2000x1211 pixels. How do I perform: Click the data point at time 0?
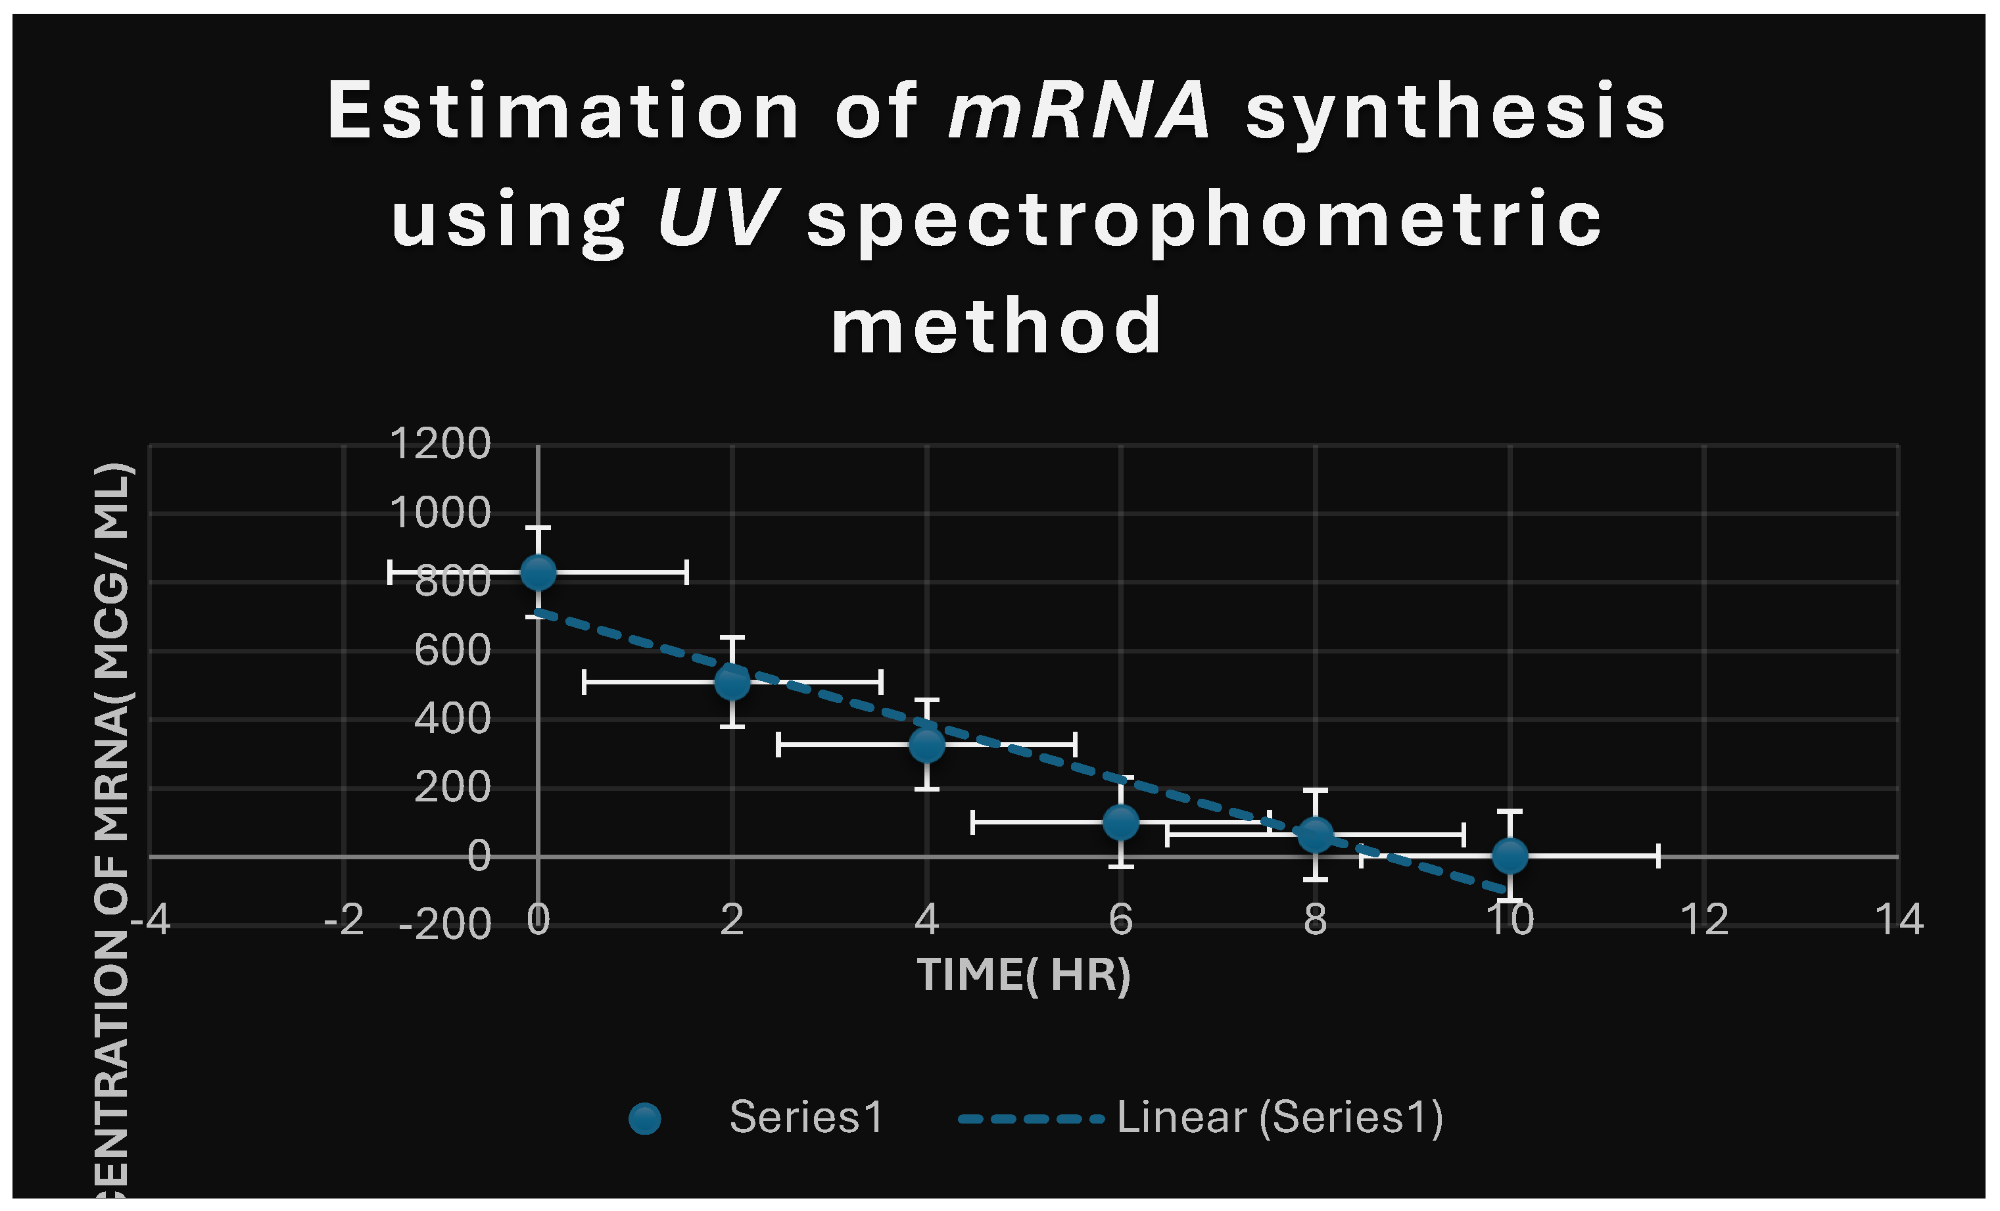(x=538, y=572)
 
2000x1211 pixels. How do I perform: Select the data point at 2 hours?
(x=732, y=682)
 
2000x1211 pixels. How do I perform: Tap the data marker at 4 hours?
(x=926, y=744)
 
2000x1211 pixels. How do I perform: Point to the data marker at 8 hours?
(x=1315, y=834)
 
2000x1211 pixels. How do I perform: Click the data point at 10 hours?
(x=1510, y=855)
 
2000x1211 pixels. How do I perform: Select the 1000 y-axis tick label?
(x=440, y=513)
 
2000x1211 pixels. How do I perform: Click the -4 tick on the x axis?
(x=150, y=920)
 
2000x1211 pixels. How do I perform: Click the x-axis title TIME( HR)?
(x=1024, y=975)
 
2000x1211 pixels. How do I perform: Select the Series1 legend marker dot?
(x=644, y=1118)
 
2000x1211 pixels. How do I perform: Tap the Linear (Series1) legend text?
(x=1279, y=1117)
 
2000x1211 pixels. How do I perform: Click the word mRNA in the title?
(x=1079, y=111)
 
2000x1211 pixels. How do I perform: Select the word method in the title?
(x=997, y=326)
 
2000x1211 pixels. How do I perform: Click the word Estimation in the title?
(x=563, y=111)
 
